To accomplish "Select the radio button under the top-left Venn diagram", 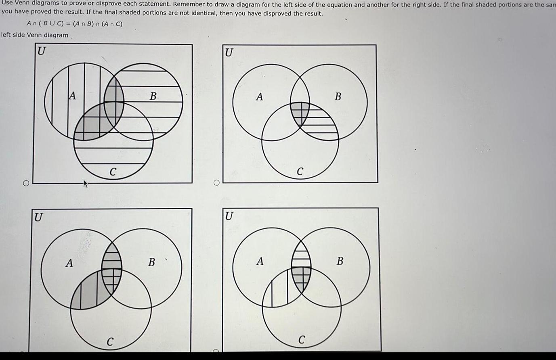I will coord(26,184).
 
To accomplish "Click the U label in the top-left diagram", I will coord(42,52).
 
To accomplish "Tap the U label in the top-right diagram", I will coord(229,52).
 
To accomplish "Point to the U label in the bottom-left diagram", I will coord(38,217).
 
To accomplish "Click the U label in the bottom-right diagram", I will coord(229,216).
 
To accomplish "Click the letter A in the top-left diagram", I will coord(72,96).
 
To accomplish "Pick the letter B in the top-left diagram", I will coord(153,96).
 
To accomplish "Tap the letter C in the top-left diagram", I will coord(113,172).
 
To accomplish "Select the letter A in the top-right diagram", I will coord(260,96).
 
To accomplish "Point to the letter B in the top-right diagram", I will coord(338,96).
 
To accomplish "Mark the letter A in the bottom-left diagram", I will coord(69,263).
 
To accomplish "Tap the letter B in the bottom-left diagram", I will coord(151,262).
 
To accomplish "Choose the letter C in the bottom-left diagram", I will coord(109,341).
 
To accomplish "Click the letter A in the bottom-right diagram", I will coord(260,262).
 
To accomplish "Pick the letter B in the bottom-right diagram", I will coord(340,261).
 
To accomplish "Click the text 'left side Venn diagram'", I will coord(35,35).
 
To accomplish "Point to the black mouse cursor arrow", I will coord(85,185).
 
